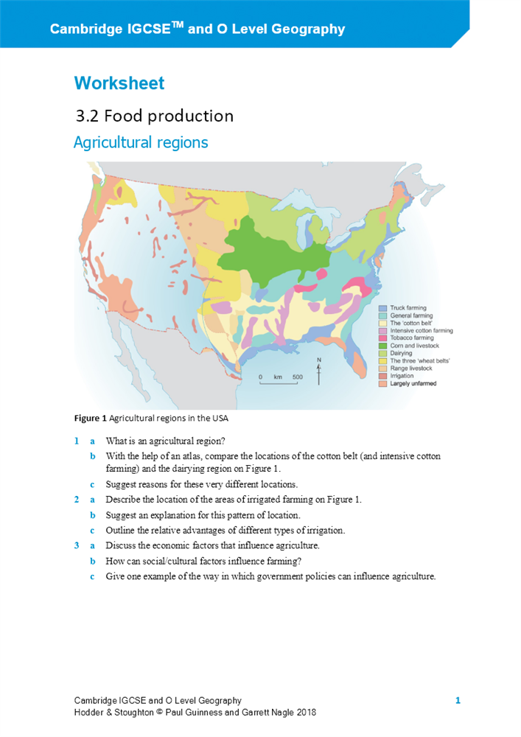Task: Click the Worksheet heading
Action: pyautogui.click(x=119, y=83)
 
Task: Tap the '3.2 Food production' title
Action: pyautogui.click(x=155, y=116)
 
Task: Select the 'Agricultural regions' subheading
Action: pyautogui.click(x=141, y=142)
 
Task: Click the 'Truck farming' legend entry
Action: pyautogui.click(x=408, y=308)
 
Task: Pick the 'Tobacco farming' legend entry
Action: pyautogui.click(x=411, y=338)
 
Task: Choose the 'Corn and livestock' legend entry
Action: pyautogui.click(x=414, y=346)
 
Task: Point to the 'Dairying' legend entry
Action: pyautogui.click(x=401, y=354)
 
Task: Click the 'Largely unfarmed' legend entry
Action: pyautogui.click(x=413, y=384)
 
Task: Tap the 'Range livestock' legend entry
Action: pyautogui.click(x=411, y=368)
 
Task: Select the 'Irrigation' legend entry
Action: pyautogui.click(x=402, y=376)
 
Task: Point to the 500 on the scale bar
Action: pyautogui.click(x=297, y=377)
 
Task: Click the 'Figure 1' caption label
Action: pyautogui.click(x=90, y=419)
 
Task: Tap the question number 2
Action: pyautogui.click(x=77, y=500)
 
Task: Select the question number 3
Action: pyautogui.click(x=77, y=545)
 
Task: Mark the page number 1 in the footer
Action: pyautogui.click(x=458, y=700)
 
